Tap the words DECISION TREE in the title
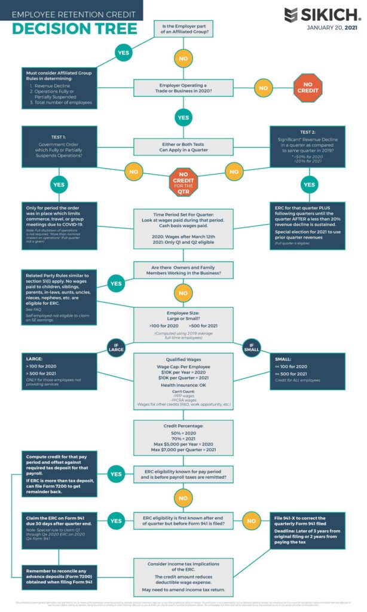75,28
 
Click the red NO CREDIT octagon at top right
308,88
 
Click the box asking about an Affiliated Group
183,27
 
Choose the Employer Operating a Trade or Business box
183,88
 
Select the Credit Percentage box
183,438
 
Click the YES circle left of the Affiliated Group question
123,53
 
